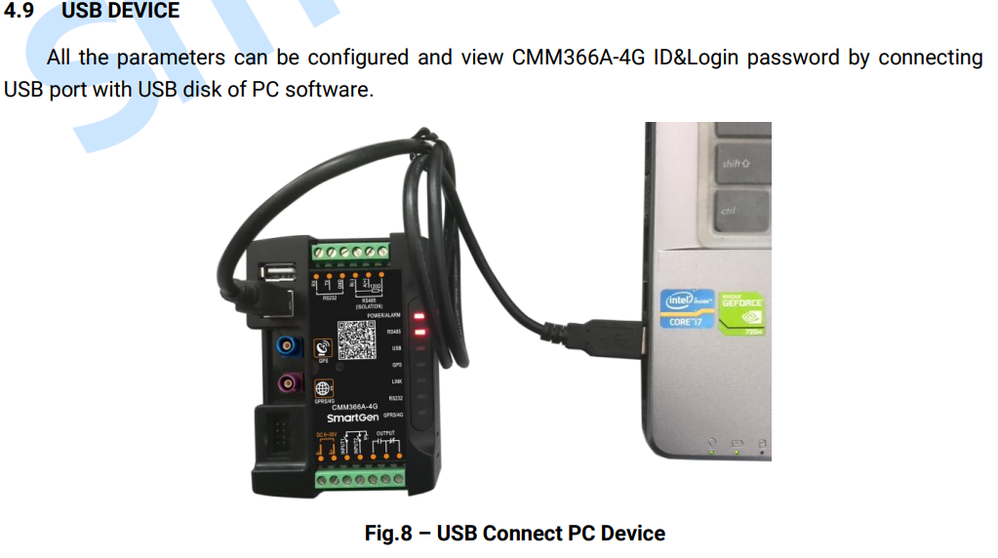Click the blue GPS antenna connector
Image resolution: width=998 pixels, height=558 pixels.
287,345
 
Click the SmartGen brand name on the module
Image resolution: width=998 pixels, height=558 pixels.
352,418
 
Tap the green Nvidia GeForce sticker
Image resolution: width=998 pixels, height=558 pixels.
741,312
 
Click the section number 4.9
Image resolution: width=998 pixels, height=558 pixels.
20,11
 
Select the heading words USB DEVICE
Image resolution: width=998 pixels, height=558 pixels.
120,11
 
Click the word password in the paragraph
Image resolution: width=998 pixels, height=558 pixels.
796,58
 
